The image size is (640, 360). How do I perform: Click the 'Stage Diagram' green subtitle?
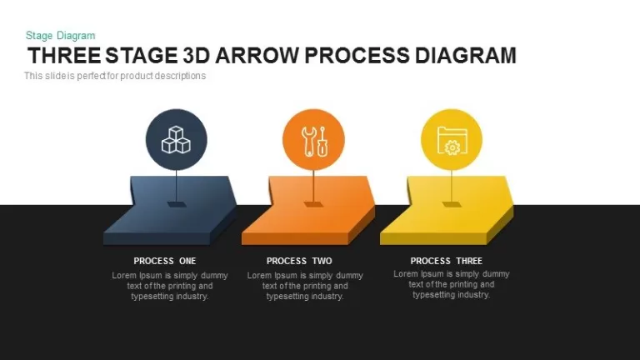coord(60,36)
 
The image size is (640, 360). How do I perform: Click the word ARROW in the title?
coord(257,56)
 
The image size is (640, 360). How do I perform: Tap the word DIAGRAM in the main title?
coord(466,56)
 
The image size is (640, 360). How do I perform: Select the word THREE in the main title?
coord(64,56)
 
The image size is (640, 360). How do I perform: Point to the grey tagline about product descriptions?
coord(115,76)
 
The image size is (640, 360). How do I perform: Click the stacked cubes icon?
coord(176,140)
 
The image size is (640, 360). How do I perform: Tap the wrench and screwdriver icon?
coord(314,141)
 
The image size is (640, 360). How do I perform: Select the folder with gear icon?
coord(452,141)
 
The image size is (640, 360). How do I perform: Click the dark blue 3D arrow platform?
coord(170,211)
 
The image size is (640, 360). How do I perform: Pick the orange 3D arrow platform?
coord(308,211)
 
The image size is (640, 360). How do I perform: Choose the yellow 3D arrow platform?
coord(447,211)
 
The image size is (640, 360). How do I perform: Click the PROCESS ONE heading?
coord(165,261)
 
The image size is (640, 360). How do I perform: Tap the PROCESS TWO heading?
coord(299,261)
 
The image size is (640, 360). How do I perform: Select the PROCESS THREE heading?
coord(446,261)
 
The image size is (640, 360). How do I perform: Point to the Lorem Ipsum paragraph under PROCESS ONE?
coord(170,286)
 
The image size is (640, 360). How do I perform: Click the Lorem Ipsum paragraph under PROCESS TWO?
coord(305,286)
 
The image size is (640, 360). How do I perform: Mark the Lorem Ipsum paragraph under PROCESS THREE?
coord(452,284)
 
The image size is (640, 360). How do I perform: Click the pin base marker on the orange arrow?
coord(313,204)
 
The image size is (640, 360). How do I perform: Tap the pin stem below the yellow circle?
coord(452,186)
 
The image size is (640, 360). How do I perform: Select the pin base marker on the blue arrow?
coord(177,204)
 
